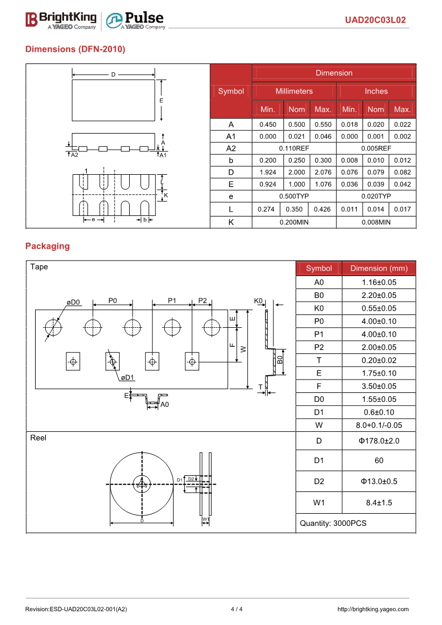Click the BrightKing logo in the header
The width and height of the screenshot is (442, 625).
pyautogui.click(x=61, y=20)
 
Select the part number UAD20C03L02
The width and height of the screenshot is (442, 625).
pyautogui.click(x=375, y=20)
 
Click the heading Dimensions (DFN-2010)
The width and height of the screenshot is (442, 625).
pyautogui.click(x=75, y=49)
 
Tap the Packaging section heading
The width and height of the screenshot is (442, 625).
pyautogui.click(x=47, y=246)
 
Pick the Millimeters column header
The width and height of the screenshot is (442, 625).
pyautogui.click(x=294, y=91)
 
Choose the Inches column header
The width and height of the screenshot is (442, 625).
pyautogui.click(x=376, y=91)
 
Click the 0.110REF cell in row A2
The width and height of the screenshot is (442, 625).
pyautogui.click(x=294, y=149)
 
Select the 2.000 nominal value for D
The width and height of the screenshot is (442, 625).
pyautogui.click(x=296, y=173)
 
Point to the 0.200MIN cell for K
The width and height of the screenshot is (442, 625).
pyautogui.click(x=294, y=222)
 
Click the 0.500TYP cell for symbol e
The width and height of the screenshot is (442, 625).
pyautogui.click(x=294, y=196)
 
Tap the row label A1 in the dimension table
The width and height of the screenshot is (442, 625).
pyautogui.click(x=231, y=136)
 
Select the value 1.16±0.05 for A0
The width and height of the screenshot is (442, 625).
pyautogui.click(x=379, y=282)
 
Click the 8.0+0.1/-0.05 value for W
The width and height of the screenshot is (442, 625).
pyautogui.click(x=379, y=425)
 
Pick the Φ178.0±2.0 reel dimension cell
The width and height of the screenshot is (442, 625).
pyautogui.click(x=379, y=441)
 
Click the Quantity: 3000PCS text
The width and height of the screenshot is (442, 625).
pyautogui.click(x=333, y=523)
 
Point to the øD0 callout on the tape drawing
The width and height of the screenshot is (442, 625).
pyautogui.click(x=73, y=302)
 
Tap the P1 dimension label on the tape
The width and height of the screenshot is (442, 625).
pyautogui.click(x=172, y=301)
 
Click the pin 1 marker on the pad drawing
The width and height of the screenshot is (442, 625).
pyautogui.click(x=86, y=170)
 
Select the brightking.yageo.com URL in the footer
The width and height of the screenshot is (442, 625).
pyautogui.click(x=373, y=609)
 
